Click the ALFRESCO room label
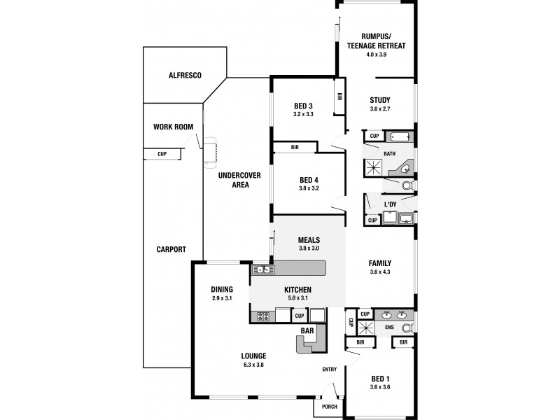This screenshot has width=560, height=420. [185, 76]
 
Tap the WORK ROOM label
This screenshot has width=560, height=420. [173, 127]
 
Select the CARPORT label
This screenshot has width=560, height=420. [171, 250]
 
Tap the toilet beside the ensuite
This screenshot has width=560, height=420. [407, 328]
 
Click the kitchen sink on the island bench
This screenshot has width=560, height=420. [264, 269]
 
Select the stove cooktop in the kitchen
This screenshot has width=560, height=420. [264, 316]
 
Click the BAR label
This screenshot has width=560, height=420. [307, 330]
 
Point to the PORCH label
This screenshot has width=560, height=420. [329, 407]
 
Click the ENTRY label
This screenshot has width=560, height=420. [329, 370]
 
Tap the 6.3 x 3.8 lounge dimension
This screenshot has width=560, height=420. [253, 365]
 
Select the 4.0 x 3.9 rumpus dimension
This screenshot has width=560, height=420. [377, 55]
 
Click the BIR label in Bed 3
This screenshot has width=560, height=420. [339, 97]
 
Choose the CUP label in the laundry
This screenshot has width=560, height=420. [372, 220]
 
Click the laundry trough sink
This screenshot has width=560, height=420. [406, 218]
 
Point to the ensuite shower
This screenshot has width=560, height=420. [365, 328]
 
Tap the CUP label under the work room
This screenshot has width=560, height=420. [162, 154]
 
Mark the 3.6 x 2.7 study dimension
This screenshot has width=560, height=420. [380, 109]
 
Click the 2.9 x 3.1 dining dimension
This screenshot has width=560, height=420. [222, 298]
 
